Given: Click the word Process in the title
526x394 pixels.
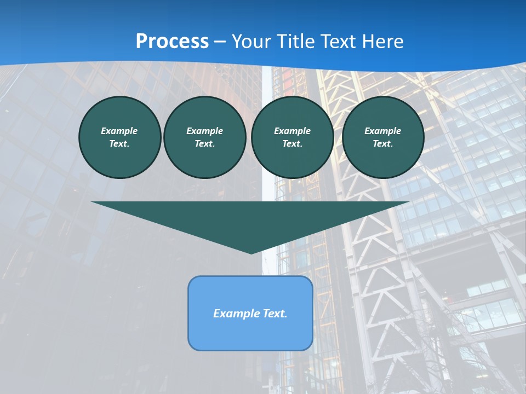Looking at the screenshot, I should click(172, 41).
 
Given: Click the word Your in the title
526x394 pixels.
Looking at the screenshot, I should click(251, 41).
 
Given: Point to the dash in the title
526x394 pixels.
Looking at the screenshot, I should click(220, 42).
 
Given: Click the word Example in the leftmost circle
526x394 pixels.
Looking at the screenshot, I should click(119, 131).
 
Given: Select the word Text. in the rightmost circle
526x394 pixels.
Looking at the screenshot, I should click(382, 143).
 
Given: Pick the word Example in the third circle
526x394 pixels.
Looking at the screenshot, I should click(292, 131).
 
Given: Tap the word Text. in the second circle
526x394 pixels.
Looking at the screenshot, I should click(204, 143).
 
